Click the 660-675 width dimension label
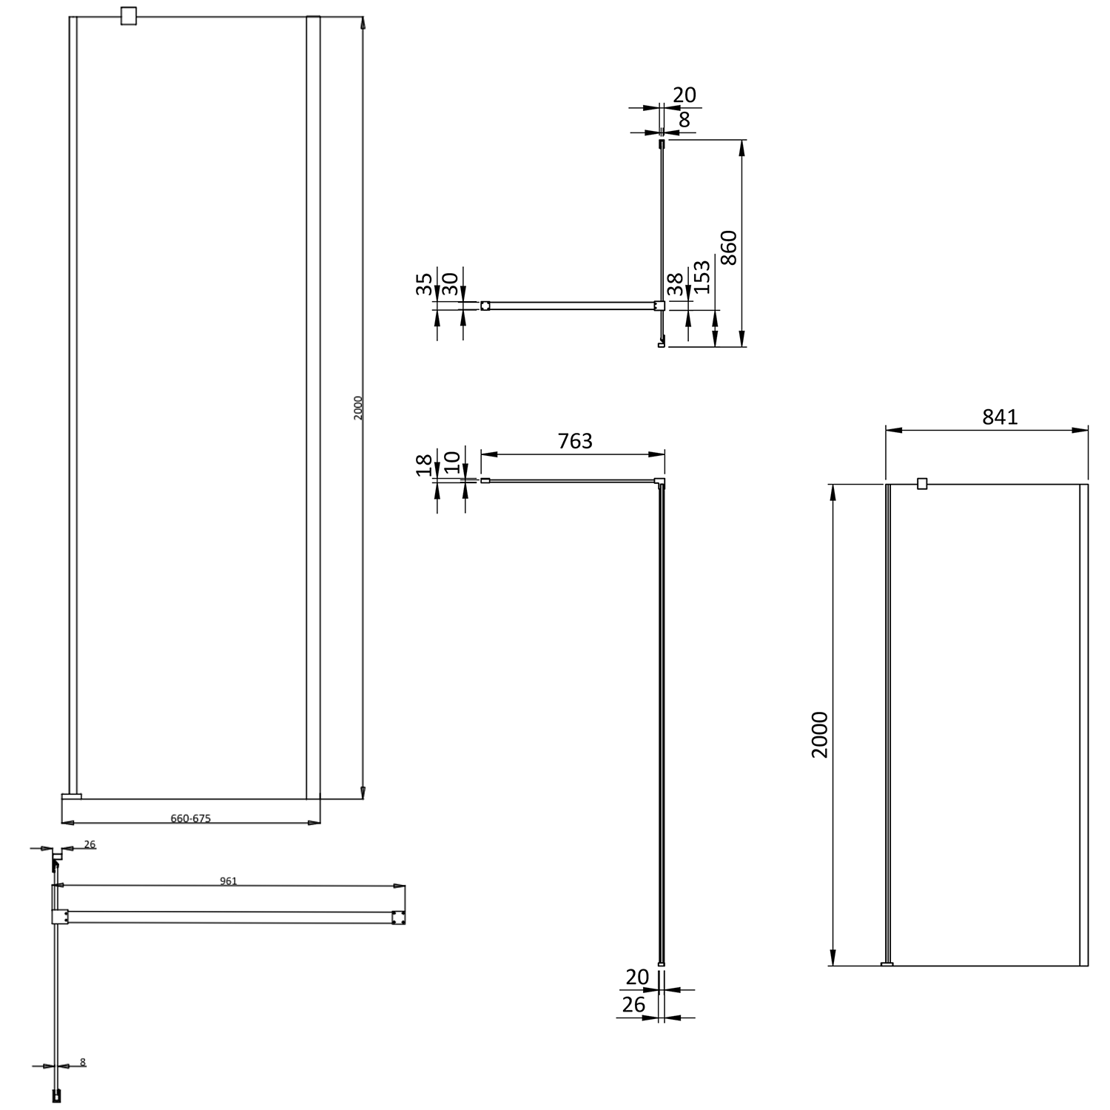click(191, 818)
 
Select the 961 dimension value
click(228, 881)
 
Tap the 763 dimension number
click(575, 441)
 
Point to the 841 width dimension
click(1000, 417)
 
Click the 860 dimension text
click(729, 248)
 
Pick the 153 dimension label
click(703, 277)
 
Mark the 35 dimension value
click(424, 283)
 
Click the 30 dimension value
click(449, 283)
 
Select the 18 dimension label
click(424, 465)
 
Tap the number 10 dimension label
click(451, 465)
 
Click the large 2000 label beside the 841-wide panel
click(820, 735)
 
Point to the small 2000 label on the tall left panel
click(358, 408)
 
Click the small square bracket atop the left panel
click(129, 16)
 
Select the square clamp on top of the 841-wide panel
click(922, 484)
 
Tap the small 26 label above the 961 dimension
click(90, 844)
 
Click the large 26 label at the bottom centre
click(633, 1004)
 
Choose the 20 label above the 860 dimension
click(684, 95)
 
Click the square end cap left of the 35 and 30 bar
click(485, 305)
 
